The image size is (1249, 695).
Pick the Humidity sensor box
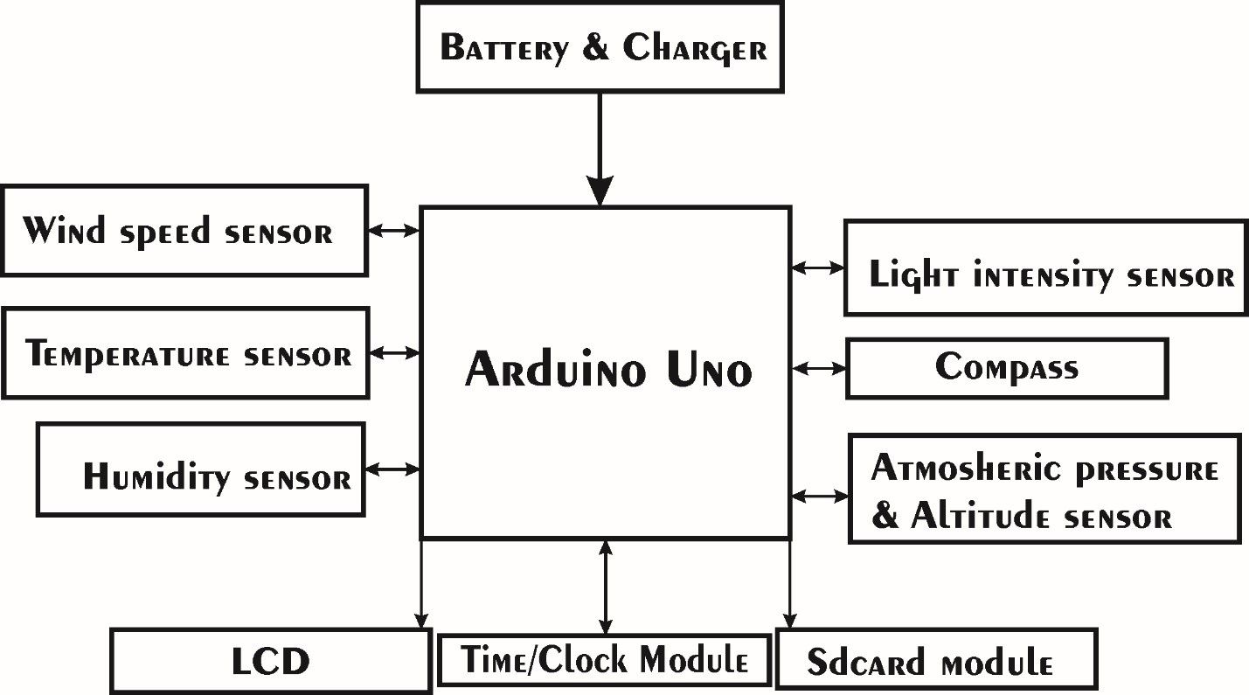[x=200, y=470]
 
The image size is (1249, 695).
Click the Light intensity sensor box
[x=1045, y=268]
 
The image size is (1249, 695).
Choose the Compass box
[x=1007, y=368]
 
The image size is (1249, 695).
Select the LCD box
[x=270, y=661]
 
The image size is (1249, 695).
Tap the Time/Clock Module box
[x=605, y=659]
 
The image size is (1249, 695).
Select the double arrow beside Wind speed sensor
[x=393, y=232]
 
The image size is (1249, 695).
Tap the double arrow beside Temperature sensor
[x=394, y=353]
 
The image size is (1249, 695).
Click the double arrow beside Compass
[x=819, y=369]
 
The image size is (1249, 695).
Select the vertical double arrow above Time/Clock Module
[x=605, y=587]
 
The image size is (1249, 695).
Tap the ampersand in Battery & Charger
[x=595, y=47]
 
